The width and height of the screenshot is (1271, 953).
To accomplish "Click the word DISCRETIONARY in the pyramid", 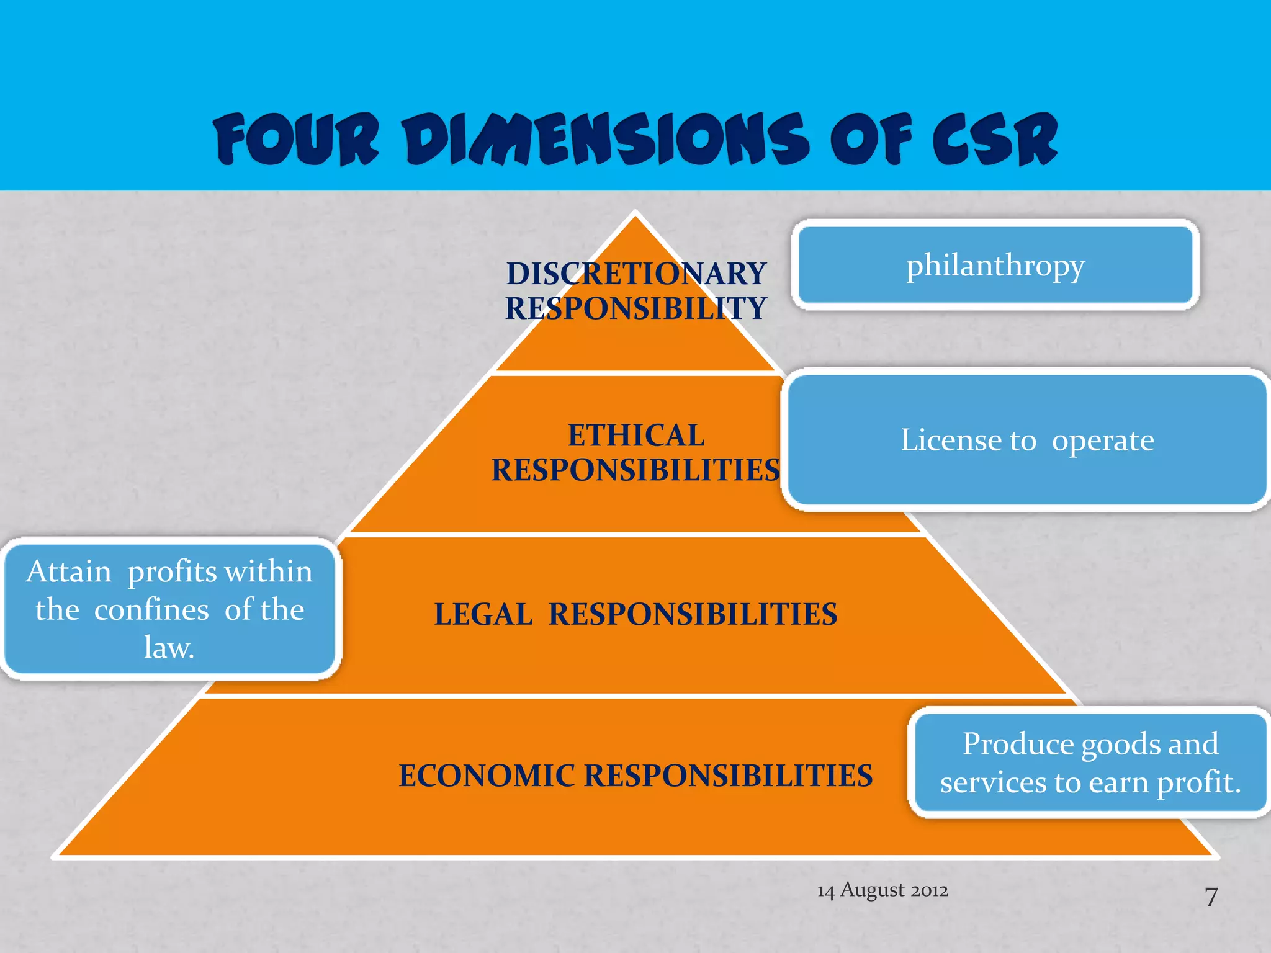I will coord(636,274).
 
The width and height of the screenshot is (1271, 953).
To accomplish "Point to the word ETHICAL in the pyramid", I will coord(636,435).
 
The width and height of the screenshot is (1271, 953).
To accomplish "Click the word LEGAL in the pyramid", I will coord(483,614).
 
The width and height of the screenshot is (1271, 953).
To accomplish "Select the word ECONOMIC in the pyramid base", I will coord(487,776).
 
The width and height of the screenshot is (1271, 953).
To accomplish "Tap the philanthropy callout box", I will coord(995,265).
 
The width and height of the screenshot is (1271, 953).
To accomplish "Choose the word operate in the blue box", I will coord(1103,441).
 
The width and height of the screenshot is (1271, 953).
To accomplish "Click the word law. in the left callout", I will coord(169,647).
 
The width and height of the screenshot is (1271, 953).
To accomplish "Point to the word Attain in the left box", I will coord(69,571).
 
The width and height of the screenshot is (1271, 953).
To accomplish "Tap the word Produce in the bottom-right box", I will coord(1018,743).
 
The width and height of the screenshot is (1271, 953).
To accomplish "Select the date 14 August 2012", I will coord(883,890).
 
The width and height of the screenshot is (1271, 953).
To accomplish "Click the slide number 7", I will coord(1211,897).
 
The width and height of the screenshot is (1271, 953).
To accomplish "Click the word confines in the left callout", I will coord(151,609).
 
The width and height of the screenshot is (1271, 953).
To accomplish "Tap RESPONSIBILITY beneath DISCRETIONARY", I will coord(636,308).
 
